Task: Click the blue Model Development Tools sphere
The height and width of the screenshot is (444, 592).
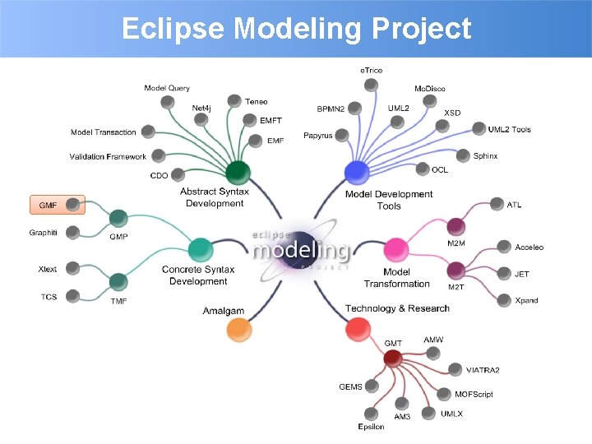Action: (x=356, y=172)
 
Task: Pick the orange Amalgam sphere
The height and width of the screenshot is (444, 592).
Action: (x=238, y=330)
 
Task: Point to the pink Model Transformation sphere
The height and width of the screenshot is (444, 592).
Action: (x=395, y=249)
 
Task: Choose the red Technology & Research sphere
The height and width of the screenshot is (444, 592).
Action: (x=356, y=330)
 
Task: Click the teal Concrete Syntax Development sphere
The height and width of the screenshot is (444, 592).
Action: (x=200, y=249)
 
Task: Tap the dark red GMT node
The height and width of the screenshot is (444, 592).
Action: (x=392, y=358)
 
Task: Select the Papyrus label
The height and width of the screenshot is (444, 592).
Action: (x=317, y=136)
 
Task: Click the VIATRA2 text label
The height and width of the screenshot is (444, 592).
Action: (x=483, y=370)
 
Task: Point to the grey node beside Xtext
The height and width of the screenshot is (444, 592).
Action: (x=72, y=268)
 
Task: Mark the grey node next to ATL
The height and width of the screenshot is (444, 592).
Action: (x=496, y=204)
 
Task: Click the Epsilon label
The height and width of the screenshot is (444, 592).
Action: (x=371, y=427)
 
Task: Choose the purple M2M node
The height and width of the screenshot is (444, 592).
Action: (x=456, y=226)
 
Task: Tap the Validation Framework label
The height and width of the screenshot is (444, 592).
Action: (x=108, y=156)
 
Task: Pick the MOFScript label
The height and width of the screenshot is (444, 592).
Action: (x=474, y=395)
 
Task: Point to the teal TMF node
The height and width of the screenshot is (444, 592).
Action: (x=118, y=282)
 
